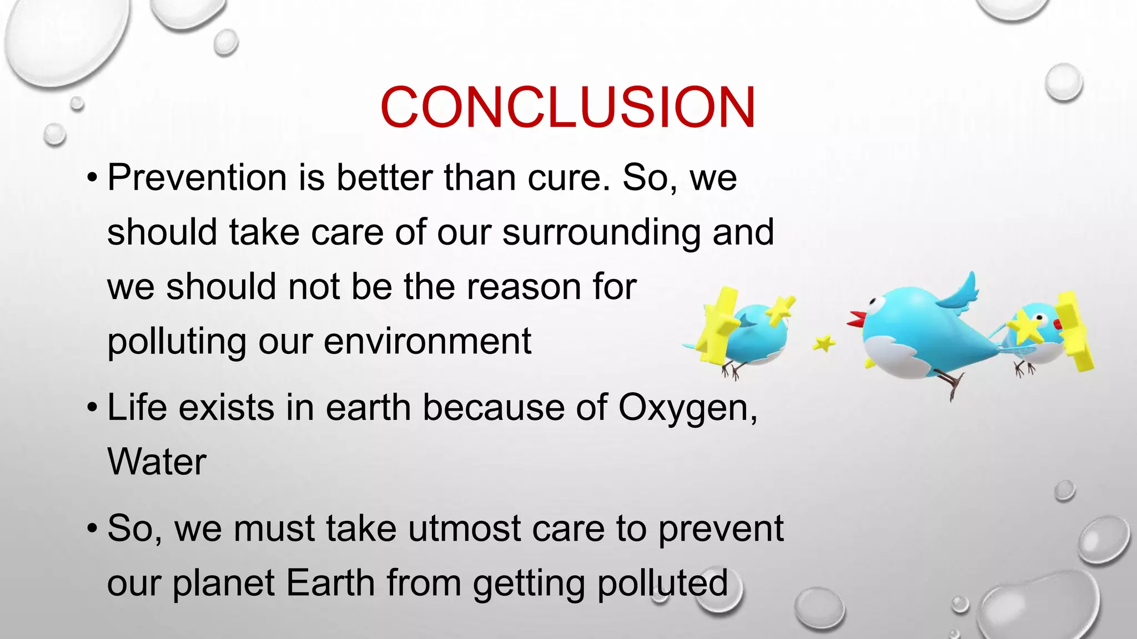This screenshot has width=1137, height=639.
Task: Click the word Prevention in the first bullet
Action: tap(197, 178)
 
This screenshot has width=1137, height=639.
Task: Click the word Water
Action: tap(157, 461)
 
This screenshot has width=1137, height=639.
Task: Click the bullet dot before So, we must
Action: tap(92, 529)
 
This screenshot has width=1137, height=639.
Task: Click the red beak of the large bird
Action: tap(857, 319)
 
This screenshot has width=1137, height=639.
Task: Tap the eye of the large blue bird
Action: tap(876, 302)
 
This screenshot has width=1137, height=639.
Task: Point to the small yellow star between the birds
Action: tap(824, 344)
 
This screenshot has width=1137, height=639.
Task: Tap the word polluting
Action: tap(177, 342)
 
